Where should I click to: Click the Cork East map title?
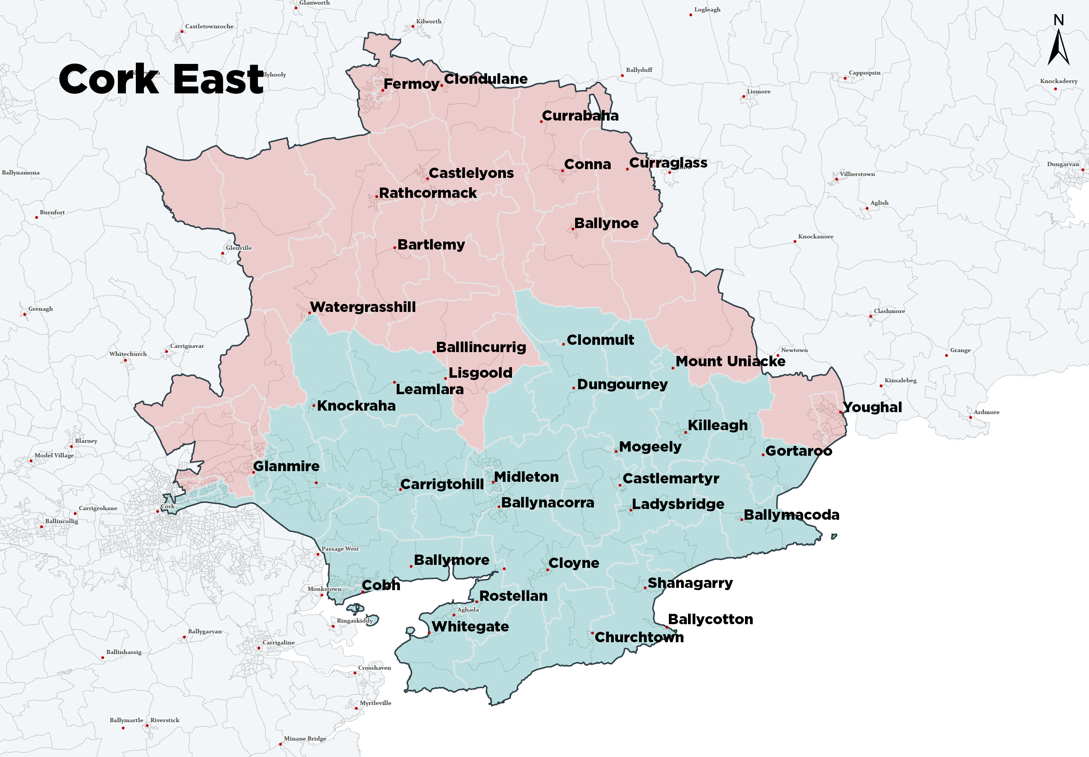coord(161,79)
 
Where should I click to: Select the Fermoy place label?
coord(411,84)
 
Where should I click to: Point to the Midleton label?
coord(526,477)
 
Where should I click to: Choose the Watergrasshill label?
coord(363,307)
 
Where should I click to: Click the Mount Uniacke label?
coord(730,361)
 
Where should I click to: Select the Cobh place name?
coord(381,585)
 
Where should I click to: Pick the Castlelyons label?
coord(471,173)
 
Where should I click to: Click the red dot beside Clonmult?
coord(563,344)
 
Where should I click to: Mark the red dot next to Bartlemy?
coord(395,248)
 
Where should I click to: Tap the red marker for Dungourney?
coord(574,388)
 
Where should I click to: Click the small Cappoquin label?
coord(864,73)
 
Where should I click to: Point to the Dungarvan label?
coord(1063,164)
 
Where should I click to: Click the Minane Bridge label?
coord(305,739)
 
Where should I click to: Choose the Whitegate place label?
coord(470,626)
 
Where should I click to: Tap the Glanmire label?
coord(286,466)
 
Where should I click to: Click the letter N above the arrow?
coord(1058,20)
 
